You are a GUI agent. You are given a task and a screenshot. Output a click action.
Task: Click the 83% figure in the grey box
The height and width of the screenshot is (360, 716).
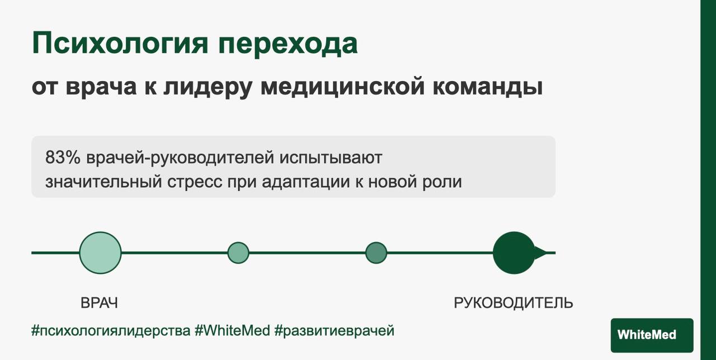pyautogui.click(x=63, y=158)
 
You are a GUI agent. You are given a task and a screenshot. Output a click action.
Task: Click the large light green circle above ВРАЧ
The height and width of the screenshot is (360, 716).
pyautogui.click(x=100, y=253)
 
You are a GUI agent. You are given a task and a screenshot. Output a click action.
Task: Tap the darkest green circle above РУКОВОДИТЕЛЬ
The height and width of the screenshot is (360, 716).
pyautogui.click(x=514, y=253)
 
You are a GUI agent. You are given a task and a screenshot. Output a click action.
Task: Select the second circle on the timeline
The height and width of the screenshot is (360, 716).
pyautogui.click(x=238, y=253)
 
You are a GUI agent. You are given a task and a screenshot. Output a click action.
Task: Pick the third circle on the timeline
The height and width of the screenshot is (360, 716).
pyautogui.click(x=376, y=253)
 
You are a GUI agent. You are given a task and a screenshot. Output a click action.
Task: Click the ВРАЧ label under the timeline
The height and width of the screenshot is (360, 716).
pyautogui.click(x=100, y=303)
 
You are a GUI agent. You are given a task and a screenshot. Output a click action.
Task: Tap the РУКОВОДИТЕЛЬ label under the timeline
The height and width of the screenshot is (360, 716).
pyautogui.click(x=513, y=303)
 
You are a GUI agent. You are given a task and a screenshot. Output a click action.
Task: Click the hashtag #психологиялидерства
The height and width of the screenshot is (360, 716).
pyautogui.click(x=111, y=331)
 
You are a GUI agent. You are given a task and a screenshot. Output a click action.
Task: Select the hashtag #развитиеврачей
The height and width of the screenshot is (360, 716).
pyautogui.click(x=335, y=331)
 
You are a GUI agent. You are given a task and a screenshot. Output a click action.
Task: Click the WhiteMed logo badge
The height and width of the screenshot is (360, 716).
pyautogui.click(x=652, y=335)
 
